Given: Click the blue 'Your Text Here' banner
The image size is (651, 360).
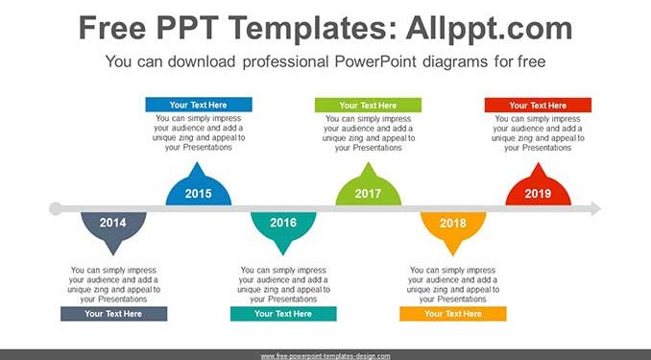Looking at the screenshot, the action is (x=199, y=105).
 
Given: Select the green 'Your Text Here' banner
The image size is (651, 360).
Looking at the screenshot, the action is (x=369, y=105).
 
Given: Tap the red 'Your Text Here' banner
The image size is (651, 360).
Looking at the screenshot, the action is (x=538, y=105).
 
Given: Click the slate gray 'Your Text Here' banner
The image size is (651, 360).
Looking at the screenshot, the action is (x=113, y=314).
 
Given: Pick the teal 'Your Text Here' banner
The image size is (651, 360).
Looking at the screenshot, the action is (x=283, y=314).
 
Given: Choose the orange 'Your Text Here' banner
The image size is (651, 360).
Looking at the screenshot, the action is (x=453, y=314).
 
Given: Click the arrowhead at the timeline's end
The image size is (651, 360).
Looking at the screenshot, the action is (x=595, y=208).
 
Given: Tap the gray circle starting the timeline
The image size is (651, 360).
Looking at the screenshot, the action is (x=56, y=208).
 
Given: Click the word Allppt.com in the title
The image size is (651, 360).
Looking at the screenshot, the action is (x=489, y=28).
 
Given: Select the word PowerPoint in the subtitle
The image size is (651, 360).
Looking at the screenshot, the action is (x=375, y=61).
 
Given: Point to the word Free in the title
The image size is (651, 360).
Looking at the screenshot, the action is (x=112, y=28).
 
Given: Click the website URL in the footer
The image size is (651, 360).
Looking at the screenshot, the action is (x=325, y=356).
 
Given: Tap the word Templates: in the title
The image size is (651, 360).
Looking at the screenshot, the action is (x=310, y=29).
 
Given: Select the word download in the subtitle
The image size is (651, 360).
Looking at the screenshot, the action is (x=202, y=61).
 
